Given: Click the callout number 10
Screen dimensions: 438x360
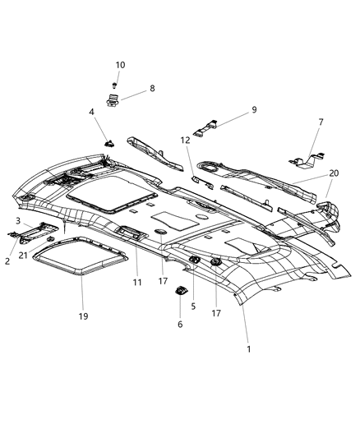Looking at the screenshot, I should [120, 64].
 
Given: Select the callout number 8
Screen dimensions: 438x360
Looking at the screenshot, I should [151, 88].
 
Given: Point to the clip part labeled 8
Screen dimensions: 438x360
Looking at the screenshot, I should [113, 101].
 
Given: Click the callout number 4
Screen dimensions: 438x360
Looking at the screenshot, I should [91, 112].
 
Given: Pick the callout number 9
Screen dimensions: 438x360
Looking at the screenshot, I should [231, 109].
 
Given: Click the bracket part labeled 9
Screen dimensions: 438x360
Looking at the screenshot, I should [205, 127].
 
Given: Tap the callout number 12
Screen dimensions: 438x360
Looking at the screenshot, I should [186, 141].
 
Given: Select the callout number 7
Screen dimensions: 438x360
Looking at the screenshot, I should [321, 122].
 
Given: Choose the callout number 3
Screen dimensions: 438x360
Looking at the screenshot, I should [17, 222].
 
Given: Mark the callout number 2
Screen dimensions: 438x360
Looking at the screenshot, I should [8, 260].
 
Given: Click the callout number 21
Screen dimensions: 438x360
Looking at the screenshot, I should [23, 256].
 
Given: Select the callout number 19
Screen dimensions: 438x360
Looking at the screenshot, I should [83, 315].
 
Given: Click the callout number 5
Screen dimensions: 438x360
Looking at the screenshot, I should [193, 306].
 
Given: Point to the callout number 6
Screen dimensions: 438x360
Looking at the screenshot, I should [182, 325].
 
